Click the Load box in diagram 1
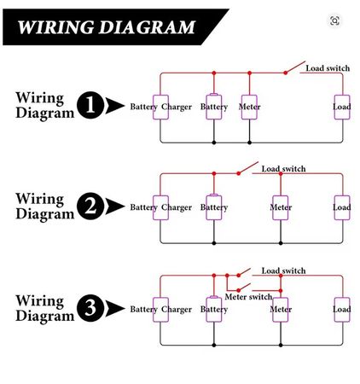coord(341,107)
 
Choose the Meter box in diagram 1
coord(249,107)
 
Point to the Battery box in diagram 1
coord(213,107)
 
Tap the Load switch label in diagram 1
coord(328,68)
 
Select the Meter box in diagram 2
coord(281,207)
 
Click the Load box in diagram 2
coord(341,207)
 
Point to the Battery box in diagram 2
coord(213,207)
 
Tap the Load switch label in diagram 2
coord(283,169)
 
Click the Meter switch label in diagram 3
coord(248,296)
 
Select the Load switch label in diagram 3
coord(283,271)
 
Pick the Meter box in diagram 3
coord(281,309)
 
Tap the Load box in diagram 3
coord(341,309)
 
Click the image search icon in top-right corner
coord(334,20)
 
